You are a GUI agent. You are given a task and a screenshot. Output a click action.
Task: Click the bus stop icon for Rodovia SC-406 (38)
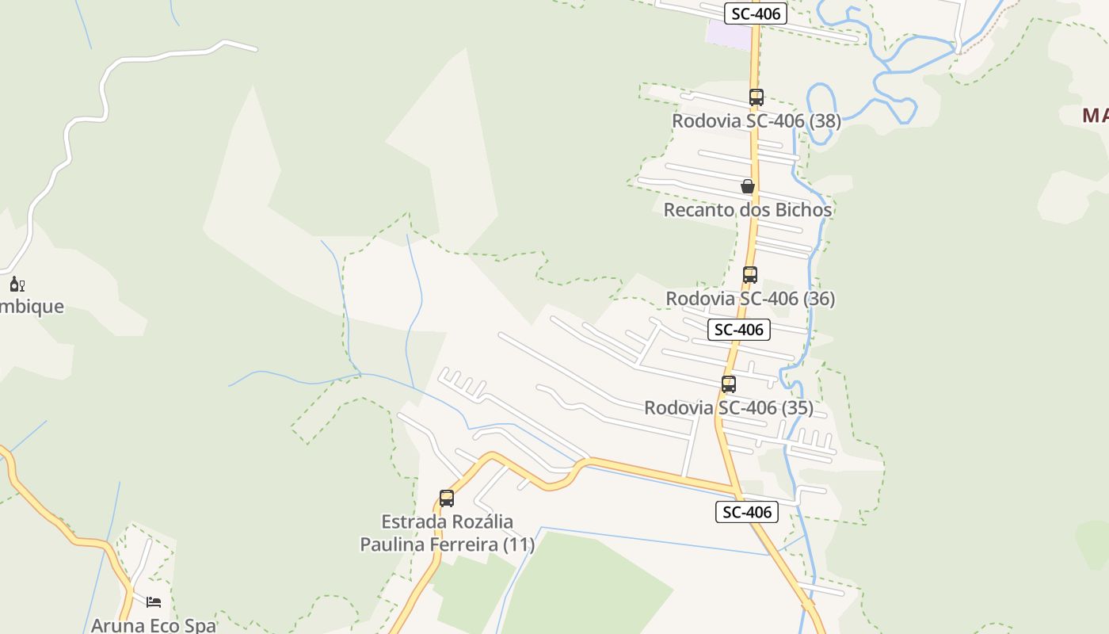tap(756, 97)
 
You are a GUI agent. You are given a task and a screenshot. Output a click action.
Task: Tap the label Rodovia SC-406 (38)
tap(756, 121)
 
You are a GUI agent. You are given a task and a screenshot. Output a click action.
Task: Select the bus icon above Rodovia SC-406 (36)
tap(749, 275)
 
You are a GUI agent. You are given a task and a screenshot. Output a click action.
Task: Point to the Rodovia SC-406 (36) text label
tap(749, 299)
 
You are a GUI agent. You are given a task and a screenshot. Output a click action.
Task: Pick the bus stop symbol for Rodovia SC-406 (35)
tap(728, 384)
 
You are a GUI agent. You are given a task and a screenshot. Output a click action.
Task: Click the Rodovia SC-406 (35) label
tap(728, 408)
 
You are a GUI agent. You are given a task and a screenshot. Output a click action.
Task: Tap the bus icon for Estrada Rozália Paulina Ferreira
tap(447, 498)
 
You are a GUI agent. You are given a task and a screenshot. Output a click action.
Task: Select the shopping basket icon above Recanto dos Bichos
tap(747, 186)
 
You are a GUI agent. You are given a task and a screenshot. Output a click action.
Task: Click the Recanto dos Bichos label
tap(747, 210)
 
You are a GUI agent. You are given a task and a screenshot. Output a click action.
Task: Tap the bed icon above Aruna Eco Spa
tap(154, 602)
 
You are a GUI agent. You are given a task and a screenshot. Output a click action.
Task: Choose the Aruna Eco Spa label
tap(154, 624)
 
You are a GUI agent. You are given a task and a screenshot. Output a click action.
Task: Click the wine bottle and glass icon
tap(17, 284)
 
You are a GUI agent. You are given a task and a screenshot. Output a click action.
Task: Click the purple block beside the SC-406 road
tap(728, 34)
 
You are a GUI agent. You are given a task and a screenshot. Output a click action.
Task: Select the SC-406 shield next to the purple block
tap(755, 13)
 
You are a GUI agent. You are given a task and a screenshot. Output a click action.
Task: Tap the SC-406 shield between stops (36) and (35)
tap(738, 330)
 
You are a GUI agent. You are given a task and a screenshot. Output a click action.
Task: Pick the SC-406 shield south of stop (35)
tap(746, 512)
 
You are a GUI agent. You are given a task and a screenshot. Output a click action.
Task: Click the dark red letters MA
tap(1095, 116)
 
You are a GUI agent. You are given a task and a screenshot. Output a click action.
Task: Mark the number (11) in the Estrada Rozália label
tap(518, 545)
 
